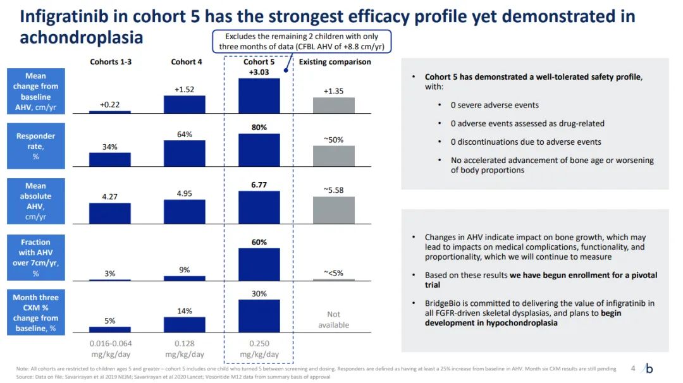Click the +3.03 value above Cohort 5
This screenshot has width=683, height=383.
pyautogui.click(x=259, y=73)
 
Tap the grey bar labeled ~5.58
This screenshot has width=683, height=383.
pyautogui.click(x=334, y=210)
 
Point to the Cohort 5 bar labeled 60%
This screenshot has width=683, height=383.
pyautogui.click(x=259, y=264)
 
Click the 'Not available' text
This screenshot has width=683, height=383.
pyautogui.click(x=334, y=319)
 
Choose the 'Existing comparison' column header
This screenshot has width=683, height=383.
pyautogui.click(x=335, y=62)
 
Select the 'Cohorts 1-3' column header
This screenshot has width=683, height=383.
pyautogui.click(x=111, y=62)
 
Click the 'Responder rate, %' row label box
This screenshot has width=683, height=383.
pyautogui.click(x=36, y=146)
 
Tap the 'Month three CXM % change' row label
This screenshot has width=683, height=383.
pyautogui.click(x=36, y=313)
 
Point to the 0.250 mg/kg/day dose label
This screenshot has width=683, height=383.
pyautogui.click(x=259, y=349)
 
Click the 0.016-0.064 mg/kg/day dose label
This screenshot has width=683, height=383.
pyautogui.click(x=110, y=349)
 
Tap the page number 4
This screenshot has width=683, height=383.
pyautogui.click(x=633, y=368)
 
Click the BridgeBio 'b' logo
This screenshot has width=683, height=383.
pyautogui.click(x=649, y=368)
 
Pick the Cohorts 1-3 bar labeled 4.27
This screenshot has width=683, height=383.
pyautogui.click(x=110, y=214)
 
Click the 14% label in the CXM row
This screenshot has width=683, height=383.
pyautogui.click(x=184, y=311)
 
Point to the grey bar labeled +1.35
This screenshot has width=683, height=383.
pyautogui.click(x=334, y=105)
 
